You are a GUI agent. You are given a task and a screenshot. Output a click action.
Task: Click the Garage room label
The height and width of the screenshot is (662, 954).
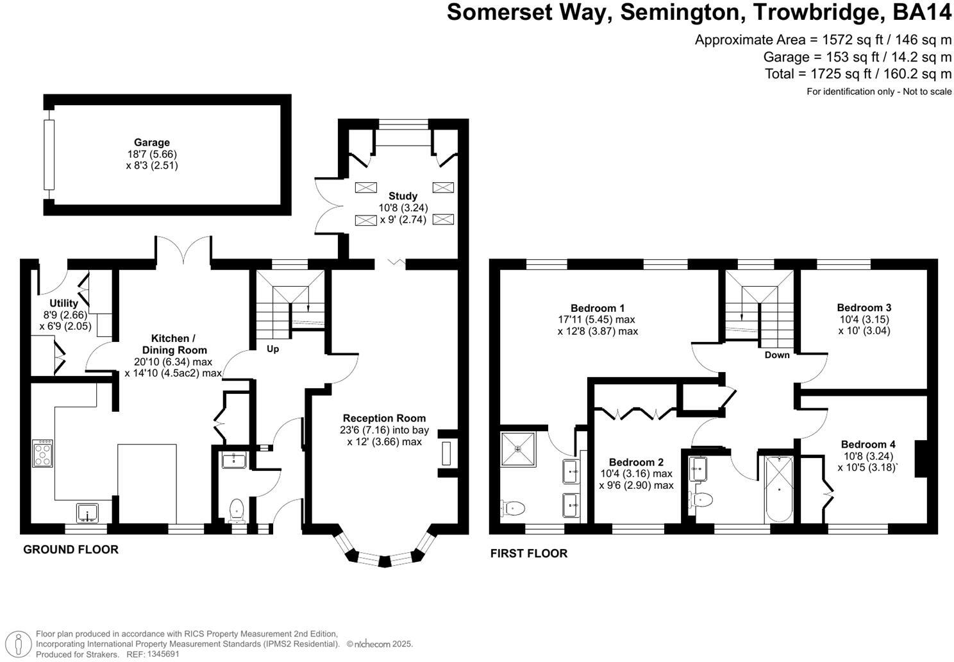click(x=152, y=142)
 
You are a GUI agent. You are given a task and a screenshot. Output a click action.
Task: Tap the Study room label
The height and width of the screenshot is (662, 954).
click(x=403, y=196)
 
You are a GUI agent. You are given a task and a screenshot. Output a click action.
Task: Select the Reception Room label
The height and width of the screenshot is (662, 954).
click(x=384, y=418)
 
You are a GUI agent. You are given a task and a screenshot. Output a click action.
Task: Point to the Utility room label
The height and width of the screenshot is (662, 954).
click(x=63, y=303)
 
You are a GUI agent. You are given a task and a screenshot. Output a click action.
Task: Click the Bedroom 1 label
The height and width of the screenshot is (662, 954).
click(x=598, y=308)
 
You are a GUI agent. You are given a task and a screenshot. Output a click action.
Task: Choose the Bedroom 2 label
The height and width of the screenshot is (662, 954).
click(x=636, y=462)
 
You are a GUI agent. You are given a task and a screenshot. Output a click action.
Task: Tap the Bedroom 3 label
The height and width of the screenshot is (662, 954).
click(x=864, y=308)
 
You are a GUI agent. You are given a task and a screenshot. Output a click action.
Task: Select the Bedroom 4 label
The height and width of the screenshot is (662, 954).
click(x=868, y=445)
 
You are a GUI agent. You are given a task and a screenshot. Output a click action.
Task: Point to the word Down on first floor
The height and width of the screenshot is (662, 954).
click(x=776, y=355)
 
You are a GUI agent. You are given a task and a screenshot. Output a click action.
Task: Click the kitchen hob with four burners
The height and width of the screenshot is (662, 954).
click(x=43, y=453)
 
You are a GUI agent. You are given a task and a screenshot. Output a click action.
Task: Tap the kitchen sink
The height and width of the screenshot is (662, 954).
click(x=87, y=513)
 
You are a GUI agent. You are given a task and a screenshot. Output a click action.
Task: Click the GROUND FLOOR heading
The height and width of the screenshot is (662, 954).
click(x=71, y=550)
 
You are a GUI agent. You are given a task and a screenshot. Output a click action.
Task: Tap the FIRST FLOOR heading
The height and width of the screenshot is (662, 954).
click(x=528, y=554)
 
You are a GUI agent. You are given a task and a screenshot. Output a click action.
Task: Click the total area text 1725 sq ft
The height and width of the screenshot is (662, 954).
click(x=858, y=74)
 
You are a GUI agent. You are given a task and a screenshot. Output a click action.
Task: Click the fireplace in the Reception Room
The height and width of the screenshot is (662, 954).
click(x=446, y=454)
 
